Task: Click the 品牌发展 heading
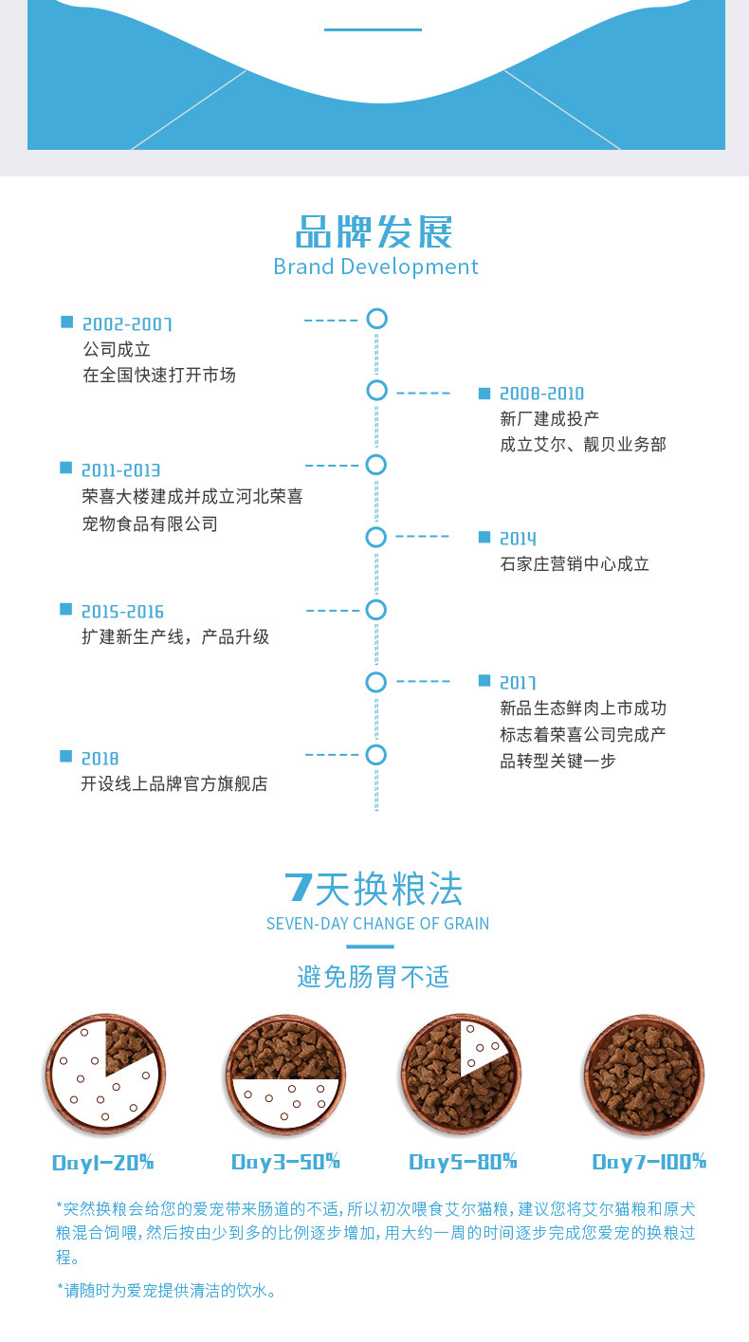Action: (x=374, y=232)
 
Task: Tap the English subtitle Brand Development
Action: (x=375, y=267)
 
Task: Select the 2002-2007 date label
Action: (x=127, y=324)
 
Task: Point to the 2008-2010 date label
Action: (x=541, y=394)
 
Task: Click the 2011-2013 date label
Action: (x=121, y=470)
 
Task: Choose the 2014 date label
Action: (x=518, y=539)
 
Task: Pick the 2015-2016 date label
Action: (x=122, y=612)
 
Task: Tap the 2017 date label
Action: (x=518, y=683)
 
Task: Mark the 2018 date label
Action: (x=100, y=759)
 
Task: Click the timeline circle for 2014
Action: (x=376, y=538)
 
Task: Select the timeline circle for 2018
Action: (x=376, y=755)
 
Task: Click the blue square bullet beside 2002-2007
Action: (x=66, y=322)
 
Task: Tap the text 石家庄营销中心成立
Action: (x=575, y=564)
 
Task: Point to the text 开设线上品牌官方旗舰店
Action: (x=174, y=784)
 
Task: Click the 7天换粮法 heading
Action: (x=374, y=889)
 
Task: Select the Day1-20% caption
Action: (x=102, y=1162)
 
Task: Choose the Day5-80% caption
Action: (x=463, y=1162)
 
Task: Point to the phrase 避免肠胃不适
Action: (x=374, y=977)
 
